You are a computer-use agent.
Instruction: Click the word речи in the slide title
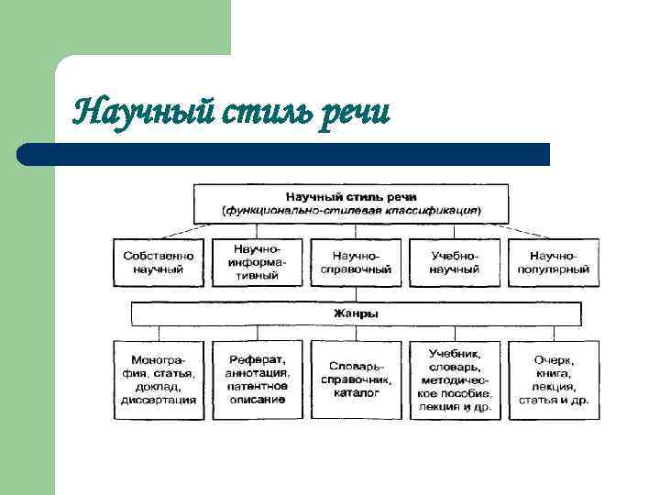[x=355, y=113]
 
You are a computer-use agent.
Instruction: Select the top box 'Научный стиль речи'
[x=350, y=203]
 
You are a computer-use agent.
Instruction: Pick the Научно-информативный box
[x=257, y=262]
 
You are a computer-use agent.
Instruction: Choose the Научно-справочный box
[x=356, y=262]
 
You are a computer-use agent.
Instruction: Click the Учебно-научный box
[x=455, y=262]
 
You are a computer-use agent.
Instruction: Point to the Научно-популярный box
[x=553, y=262]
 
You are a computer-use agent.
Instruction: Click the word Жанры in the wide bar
[x=356, y=314]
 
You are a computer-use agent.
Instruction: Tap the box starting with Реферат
[x=257, y=379]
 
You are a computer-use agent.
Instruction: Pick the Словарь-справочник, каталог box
[x=356, y=379]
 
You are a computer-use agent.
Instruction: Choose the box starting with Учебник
[x=455, y=379]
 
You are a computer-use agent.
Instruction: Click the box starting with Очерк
[x=553, y=379]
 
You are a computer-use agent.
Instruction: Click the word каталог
[x=356, y=392]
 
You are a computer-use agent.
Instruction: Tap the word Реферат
[x=257, y=359]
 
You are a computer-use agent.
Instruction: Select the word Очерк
[x=553, y=359]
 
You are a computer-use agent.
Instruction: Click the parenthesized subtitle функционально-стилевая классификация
[x=350, y=211]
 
